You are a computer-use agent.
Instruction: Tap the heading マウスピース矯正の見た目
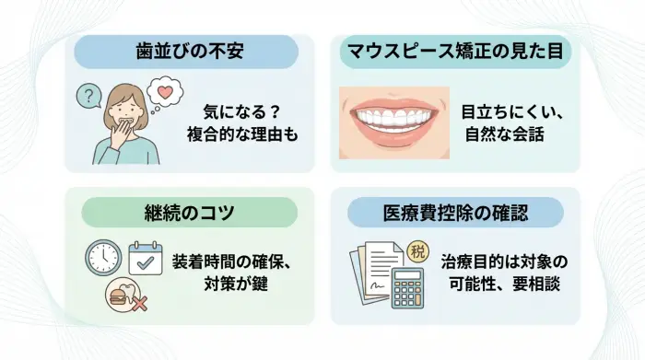point(453,51)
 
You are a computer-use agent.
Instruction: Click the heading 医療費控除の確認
point(454,213)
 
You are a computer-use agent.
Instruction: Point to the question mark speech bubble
point(88,94)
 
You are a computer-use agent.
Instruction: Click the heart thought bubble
point(165,93)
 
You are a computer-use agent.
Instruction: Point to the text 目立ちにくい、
point(510,110)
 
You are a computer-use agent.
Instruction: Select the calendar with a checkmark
point(143,257)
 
